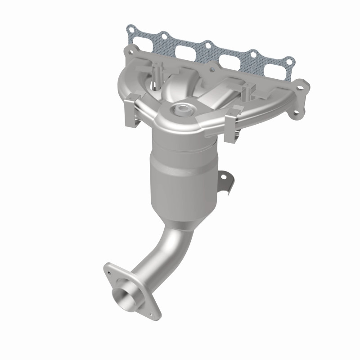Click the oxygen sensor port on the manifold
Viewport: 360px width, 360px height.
183,108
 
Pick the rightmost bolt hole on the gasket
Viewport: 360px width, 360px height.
286,58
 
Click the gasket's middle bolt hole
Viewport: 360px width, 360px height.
207,44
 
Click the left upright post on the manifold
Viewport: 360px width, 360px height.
155,72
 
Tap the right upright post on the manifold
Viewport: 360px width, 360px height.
246,93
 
